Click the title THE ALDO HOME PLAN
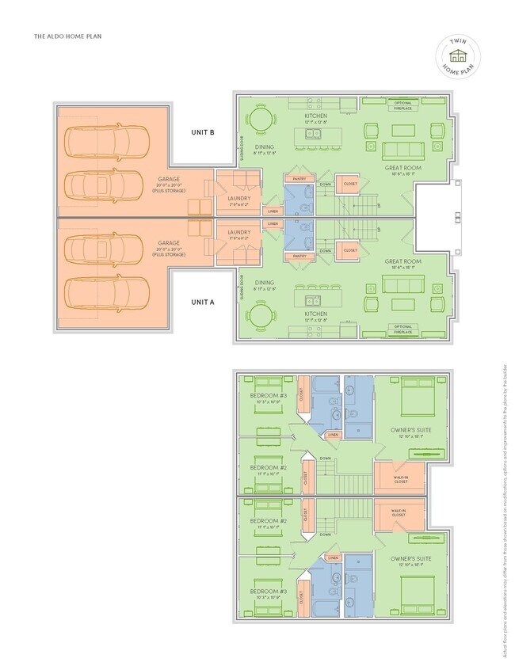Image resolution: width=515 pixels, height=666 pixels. coord(67,36)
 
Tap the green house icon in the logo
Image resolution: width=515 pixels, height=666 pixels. coord(456,56)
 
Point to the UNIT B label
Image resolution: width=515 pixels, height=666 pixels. coord(202,132)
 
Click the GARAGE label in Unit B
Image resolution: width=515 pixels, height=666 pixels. coord(169,180)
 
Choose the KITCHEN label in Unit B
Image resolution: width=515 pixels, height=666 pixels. coord(315,116)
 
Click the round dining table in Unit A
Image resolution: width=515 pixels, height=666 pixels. coord(261,318)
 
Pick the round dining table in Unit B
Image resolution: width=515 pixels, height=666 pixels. coord(261,117)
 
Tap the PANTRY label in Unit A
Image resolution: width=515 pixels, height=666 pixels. coord(299,256)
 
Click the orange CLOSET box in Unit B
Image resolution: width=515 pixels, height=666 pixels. coord(349,184)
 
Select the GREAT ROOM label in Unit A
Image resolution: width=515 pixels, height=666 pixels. coord(402,261)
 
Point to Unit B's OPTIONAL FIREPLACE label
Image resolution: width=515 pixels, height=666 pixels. coord(402,105)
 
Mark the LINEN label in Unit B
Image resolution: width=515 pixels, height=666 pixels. coord(272,211)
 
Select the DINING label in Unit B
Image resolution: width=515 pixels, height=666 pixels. coord(265,146)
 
